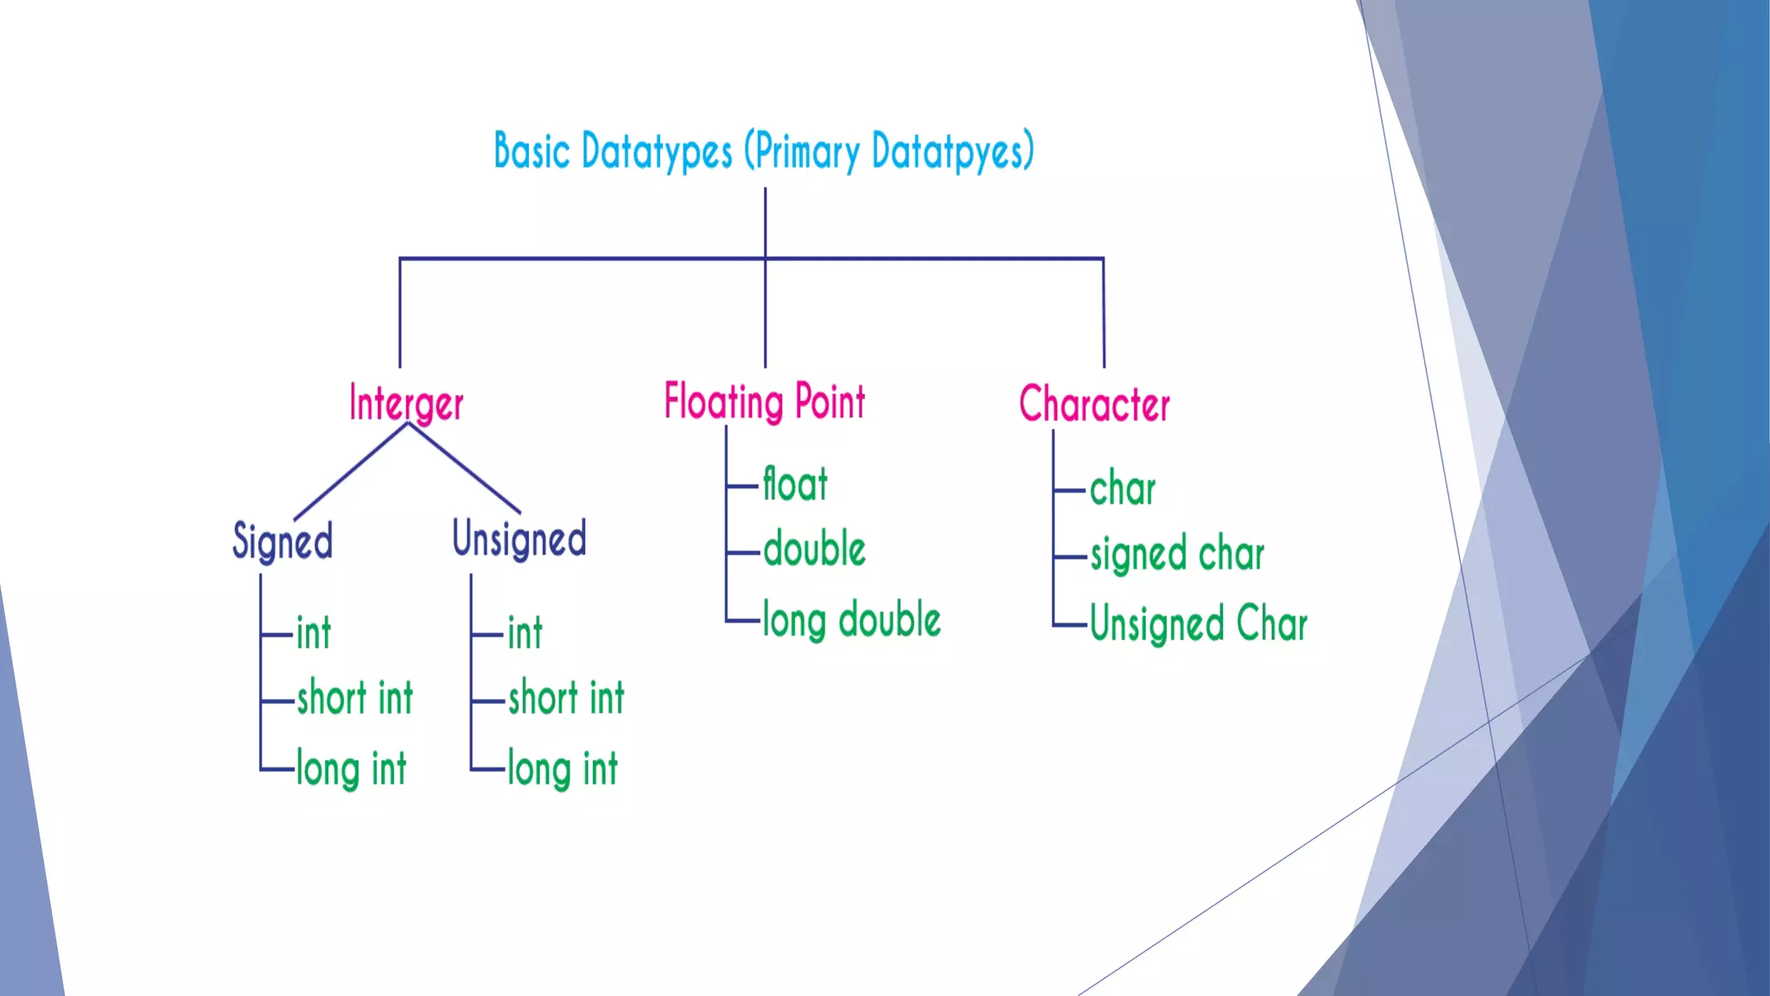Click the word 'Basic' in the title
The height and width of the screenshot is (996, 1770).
532,151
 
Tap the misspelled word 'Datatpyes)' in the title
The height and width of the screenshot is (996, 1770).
952,152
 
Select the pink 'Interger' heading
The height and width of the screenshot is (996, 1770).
406,404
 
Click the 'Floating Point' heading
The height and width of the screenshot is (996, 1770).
764,402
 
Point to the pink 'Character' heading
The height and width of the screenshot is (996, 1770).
1094,405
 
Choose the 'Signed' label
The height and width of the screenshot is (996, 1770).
283,542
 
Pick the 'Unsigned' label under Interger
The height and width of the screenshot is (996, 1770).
519,539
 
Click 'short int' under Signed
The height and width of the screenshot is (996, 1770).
355,698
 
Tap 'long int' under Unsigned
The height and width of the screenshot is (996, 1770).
563,769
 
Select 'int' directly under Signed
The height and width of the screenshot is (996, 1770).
313,633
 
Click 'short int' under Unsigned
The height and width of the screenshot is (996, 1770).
566,698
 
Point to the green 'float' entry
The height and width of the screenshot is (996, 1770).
795,484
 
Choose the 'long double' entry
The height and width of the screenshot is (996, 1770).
851,621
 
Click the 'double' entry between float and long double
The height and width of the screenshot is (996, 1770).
814,550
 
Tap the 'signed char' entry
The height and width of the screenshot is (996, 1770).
1177,555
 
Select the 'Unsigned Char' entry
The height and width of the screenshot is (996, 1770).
1199,624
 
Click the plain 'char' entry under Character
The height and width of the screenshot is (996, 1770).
1122,489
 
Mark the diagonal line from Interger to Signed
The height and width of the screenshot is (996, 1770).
350,472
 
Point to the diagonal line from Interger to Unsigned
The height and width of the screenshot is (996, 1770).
464,469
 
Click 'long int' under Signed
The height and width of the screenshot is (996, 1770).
351,769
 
